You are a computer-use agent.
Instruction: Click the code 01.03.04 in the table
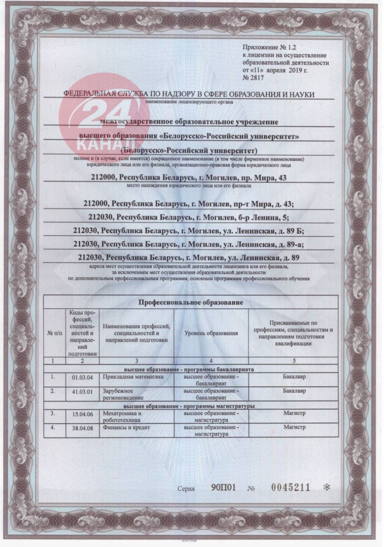coord(83,378)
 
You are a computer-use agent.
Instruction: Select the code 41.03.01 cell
coord(83,391)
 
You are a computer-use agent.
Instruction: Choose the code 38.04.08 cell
coord(83,427)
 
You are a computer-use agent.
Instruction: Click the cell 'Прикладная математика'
coord(128,377)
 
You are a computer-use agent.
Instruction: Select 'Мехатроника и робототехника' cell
coord(122,417)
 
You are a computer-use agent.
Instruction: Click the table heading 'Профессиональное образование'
coord(191,302)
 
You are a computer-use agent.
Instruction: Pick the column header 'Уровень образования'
coord(211,332)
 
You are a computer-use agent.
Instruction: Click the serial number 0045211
coord(291,488)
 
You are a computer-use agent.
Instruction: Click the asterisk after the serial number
coord(328,488)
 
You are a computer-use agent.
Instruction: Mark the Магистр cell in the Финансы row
coord(295,427)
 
